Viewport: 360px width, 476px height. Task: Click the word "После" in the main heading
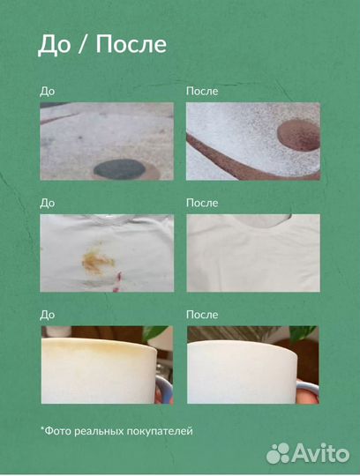tap(131, 44)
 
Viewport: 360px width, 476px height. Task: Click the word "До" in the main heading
tap(54, 45)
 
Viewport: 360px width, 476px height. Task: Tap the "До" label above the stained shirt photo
tap(47, 203)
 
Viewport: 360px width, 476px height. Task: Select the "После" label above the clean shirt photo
tap(202, 203)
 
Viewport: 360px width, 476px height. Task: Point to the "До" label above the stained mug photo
tap(47, 315)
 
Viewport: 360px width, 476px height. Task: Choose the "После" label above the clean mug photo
tap(202, 315)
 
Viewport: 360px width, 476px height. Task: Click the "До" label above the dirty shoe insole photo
tap(47, 92)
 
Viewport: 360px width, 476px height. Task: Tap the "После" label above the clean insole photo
tap(202, 91)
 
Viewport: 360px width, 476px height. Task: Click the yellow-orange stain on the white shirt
tap(98, 260)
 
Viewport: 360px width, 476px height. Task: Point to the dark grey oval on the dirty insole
tap(119, 168)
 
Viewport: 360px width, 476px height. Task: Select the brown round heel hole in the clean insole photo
tap(299, 136)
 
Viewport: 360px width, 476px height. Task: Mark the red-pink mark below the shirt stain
tap(117, 282)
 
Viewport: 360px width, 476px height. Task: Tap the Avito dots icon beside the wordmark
tap(278, 454)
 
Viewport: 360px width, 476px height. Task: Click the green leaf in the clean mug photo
tap(303, 333)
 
